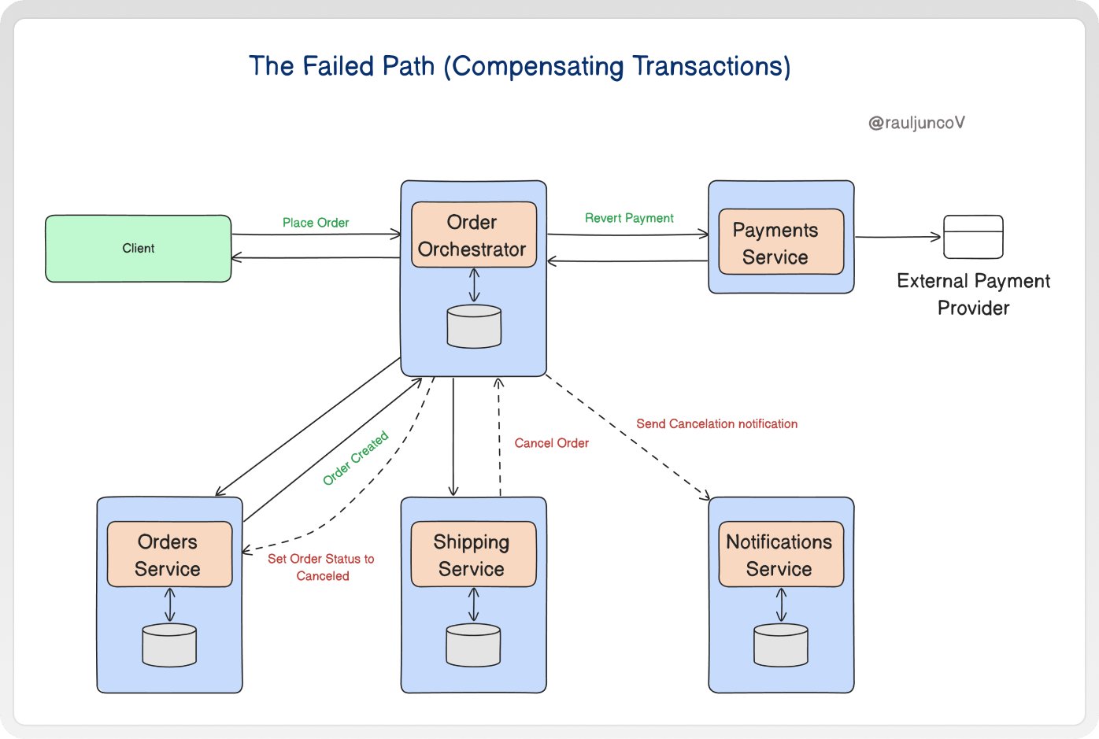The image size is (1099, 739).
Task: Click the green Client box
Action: [139, 249]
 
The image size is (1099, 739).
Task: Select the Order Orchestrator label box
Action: [473, 235]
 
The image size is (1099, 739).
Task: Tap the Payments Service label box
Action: [781, 242]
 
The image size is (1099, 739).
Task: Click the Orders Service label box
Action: [169, 554]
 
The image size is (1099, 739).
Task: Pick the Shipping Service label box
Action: [473, 554]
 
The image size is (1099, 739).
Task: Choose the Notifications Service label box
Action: [781, 554]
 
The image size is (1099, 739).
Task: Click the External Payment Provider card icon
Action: [973, 237]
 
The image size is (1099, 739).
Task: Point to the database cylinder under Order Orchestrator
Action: [474, 327]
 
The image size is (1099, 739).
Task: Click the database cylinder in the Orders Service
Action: [169, 645]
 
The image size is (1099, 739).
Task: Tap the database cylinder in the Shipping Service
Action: [473, 645]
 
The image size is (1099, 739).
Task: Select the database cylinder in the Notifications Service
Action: [781, 645]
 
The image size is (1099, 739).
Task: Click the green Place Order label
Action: [316, 223]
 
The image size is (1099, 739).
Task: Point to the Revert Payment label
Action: [629, 218]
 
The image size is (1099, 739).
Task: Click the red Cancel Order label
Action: [551, 443]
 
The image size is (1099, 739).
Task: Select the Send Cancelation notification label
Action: [717, 423]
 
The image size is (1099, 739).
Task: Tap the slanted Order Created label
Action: [356, 458]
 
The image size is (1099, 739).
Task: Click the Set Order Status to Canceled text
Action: [321, 567]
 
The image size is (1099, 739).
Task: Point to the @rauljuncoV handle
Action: [916, 123]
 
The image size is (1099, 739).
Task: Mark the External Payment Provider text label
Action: [973, 294]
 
